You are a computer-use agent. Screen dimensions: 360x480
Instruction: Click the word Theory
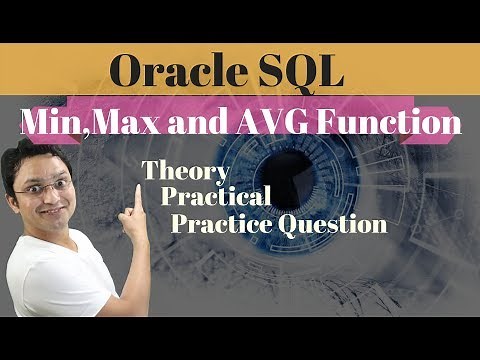pos(186,172)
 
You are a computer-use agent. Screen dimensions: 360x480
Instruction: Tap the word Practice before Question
pos(218,224)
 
